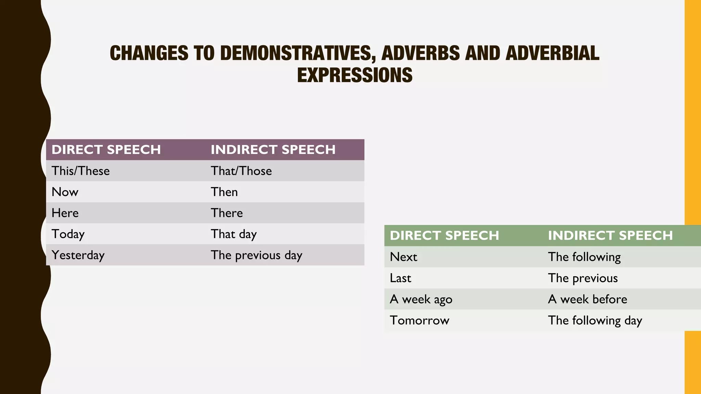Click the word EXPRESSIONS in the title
click(x=355, y=75)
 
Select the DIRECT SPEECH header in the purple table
click(x=106, y=150)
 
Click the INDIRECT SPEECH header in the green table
click(x=610, y=236)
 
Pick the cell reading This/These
click(x=81, y=171)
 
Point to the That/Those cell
click(x=241, y=171)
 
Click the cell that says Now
click(x=65, y=192)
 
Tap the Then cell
click(x=224, y=192)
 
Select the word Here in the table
click(x=65, y=213)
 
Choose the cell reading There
click(x=227, y=213)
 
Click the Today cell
click(x=68, y=234)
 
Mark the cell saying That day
click(x=234, y=234)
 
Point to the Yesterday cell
click(x=78, y=255)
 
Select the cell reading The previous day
click(x=256, y=255)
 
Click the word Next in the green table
click(x=403, y=257)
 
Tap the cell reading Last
click(x=400, y=278)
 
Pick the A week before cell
click(x=588, y=299)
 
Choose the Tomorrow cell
click(x=419, y=320)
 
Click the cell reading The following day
click(x=595, y=320)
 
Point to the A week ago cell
click(x=421, y=299)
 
